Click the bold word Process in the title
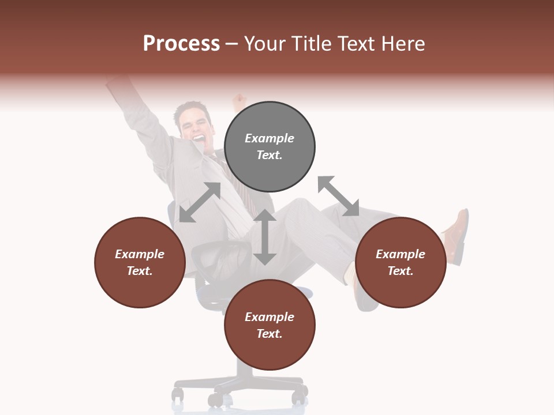click(x=181, y=44)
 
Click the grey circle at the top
click(x=269, y=147)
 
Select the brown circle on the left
click(x=140, y=262)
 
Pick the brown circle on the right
click(x=400, y=262)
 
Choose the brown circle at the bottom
click(x=269, y=325)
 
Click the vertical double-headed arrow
click(x=265, y=237)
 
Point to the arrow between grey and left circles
click(x=200, y=202)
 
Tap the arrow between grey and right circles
click(x=338, y=196)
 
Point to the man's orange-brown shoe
click(x=456, y=231)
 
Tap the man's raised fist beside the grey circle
click(x=238, y=103)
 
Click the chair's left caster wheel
click(x=178, y=395)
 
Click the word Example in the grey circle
click(x=269, y=138)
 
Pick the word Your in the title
click(x=267, y=44)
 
